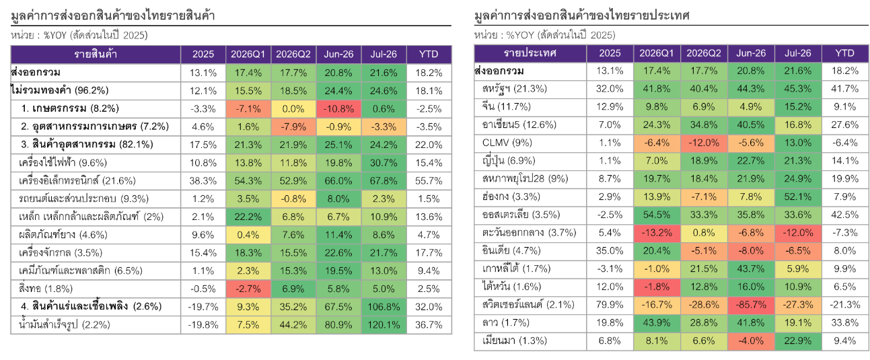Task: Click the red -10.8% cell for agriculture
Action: (338, 109)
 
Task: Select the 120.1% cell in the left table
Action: (384, 324)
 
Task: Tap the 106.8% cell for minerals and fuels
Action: (384, 307)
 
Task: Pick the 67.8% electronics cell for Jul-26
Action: (384, 180)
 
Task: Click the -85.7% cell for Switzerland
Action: (751, 305)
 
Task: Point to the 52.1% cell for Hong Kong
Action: (798, 197)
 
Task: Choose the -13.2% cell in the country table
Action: (657, 233)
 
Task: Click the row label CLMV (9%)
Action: (507, 143)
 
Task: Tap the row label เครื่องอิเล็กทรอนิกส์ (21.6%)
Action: (77, 180)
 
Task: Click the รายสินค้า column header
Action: (96, 54)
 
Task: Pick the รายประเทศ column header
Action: (530, 53)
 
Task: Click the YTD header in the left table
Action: (429, 54)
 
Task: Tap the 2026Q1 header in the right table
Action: (657, 53)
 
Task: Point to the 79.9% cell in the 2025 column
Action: (610, 305)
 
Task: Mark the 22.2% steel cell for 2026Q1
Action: (248, 217)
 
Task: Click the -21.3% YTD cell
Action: (844, 305)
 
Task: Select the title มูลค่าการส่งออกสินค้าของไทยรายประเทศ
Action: (581, 15)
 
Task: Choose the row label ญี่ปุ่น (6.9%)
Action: (509, 161)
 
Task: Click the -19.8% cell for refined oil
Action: (203, 324)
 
